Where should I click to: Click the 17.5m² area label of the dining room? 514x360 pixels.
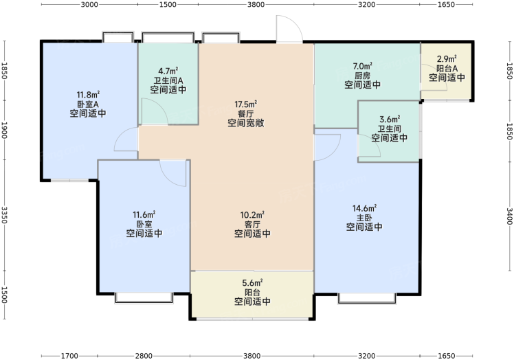pos(245,104)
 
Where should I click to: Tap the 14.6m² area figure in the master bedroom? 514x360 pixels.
pos(364,208)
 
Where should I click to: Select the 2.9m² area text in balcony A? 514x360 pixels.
pos(447,59)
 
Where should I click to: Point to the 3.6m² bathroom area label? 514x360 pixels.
pos(390,119)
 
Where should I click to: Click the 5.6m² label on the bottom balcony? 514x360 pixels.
pos(252,282)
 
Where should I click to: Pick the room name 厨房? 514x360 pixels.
pos(362,76)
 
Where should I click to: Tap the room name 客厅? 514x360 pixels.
pos(252,225)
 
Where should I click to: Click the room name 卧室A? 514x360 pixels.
pos(88,104)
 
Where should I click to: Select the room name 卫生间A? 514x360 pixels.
pos(168,80)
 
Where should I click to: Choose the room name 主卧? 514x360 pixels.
pos(364,218)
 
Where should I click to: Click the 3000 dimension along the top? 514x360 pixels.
pos(89,5)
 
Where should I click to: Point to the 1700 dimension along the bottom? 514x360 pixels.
pos(69,356)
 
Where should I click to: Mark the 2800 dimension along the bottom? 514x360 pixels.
pos(144,356)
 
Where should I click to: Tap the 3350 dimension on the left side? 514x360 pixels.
pos(4,215)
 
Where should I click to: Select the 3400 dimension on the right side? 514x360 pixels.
pos(509,216)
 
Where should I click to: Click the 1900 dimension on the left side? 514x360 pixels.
pos(4,131)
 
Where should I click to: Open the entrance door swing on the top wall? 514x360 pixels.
pos(289,29)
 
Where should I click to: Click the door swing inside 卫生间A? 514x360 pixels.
pos(155,111)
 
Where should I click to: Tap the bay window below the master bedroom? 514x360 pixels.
pos(367,298)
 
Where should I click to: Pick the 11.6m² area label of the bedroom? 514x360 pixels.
pos(144,215)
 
